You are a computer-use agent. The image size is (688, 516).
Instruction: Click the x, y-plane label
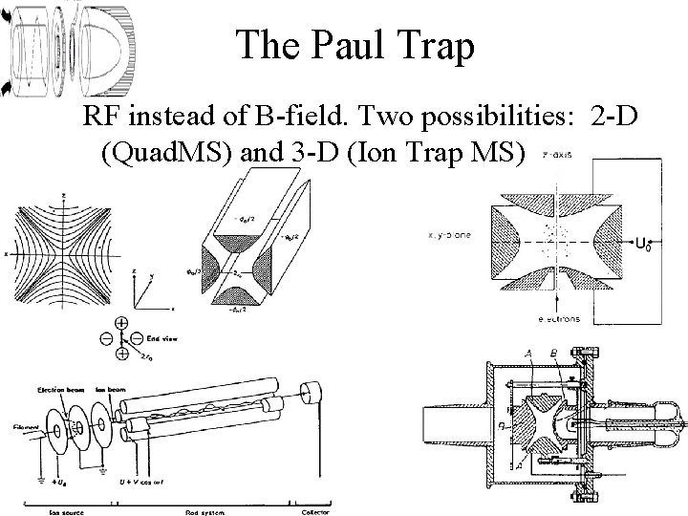click(445, 232)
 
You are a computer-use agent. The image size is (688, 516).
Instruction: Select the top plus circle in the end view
click(122, 323)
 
